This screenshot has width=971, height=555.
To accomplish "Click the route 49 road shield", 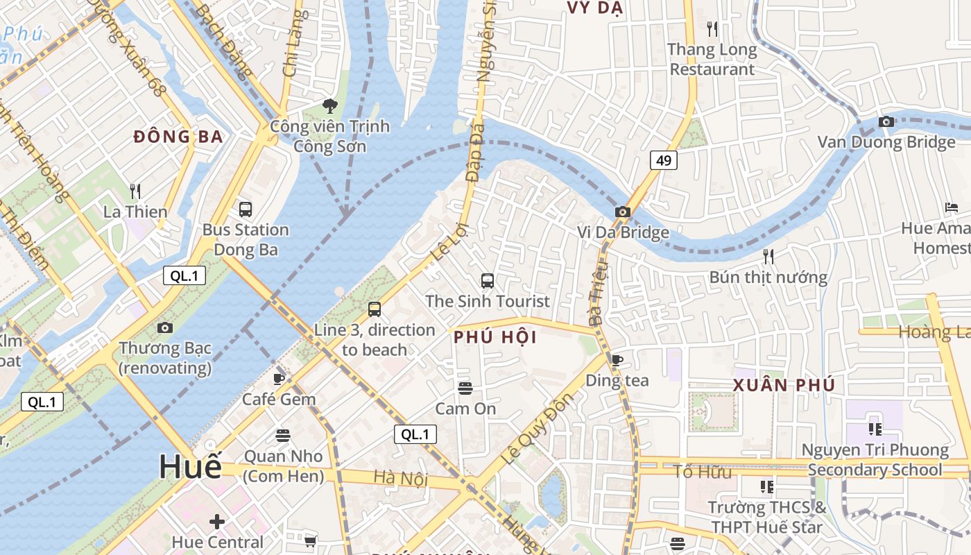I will pos(664,161).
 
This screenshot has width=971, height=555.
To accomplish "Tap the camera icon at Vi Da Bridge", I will pos(623,212).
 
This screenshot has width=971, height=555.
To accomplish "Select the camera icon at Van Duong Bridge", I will pos(886,122).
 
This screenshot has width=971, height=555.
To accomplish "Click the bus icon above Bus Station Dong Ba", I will pos(245,209).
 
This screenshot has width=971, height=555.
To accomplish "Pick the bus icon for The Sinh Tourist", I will pos(488,281).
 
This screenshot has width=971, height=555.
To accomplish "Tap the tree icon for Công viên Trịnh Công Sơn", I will pos(329,106).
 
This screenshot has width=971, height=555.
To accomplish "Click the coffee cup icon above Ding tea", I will pos(617,359).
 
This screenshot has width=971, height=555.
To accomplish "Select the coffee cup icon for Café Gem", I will pos(279,379).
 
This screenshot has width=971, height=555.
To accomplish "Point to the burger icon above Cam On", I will pos(465,388).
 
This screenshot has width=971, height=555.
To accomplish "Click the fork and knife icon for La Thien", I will pos(135,191).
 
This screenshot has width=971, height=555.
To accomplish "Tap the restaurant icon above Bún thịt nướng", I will pos(768,257).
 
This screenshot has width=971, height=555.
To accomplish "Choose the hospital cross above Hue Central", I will pos(217,521).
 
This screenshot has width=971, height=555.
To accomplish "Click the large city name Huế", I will pos(190,467).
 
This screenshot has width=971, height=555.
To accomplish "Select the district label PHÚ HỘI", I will pos(495,338).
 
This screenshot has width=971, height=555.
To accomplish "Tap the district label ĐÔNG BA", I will pos(178,137).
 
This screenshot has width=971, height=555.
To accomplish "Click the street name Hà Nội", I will pos(401,478).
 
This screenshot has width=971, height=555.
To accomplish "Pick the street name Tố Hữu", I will pos(703,472).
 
